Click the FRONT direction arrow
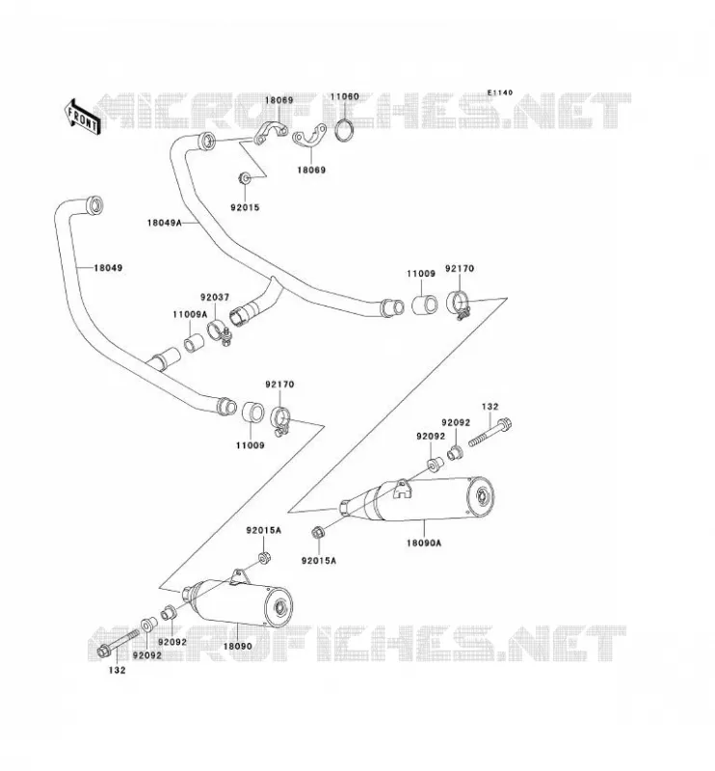[x=82, y=118]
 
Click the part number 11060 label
[x=344, y=97]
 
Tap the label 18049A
[x=164, y=223]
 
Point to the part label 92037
[x=214, y=298]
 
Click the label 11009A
[x=190, y=314]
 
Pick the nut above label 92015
[x=245, y=178]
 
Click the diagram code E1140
[x=499, y=93]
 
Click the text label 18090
[x=237, y=646]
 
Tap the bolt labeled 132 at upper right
[x=490, y=432]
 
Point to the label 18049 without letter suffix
[x=108, y=268]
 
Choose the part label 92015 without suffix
[x=245, y=207]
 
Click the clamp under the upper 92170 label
[x=460, y=306]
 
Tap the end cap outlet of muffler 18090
[x=280, y=607]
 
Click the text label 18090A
[x=424, y=544]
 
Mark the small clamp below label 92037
[x=219, y=332]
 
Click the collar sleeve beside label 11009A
[x=194, y=342]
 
